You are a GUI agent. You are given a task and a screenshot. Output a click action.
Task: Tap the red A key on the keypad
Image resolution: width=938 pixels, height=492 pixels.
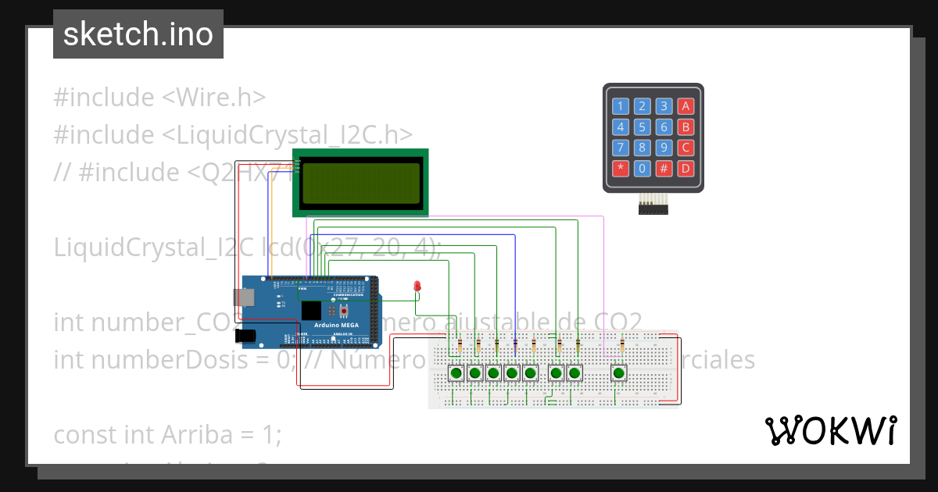click(x=686, y=106)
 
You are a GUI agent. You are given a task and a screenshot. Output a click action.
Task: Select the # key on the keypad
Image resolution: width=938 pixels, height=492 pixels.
click(x=664, y=168)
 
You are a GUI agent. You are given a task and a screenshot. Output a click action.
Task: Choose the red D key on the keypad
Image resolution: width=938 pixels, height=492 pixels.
click(x=686, y=168)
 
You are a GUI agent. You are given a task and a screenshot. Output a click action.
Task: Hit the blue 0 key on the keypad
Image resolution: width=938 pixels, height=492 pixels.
click(x=642, y=168)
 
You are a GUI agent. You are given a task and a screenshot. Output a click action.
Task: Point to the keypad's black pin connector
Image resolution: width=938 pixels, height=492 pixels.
click(x=653, y=208)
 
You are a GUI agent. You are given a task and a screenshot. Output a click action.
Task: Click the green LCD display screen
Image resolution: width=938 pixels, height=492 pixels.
click(x=361, y=182)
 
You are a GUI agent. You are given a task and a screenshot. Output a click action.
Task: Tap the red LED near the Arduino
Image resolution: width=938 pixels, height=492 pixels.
click(x=418, y=287)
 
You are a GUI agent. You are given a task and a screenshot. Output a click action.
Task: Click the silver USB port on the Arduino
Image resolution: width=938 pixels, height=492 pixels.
click(x=242, y=297)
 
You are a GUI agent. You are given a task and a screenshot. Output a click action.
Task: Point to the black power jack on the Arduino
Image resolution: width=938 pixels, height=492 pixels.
click(x=245, y=336)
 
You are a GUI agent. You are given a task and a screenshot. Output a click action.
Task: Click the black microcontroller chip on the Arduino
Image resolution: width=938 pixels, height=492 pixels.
click(x=312, y=310)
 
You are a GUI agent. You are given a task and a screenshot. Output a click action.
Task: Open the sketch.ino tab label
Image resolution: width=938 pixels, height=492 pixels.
click(x=138, y=34)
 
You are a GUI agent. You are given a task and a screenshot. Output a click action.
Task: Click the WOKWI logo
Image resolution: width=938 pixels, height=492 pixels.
click(x=830, y=430)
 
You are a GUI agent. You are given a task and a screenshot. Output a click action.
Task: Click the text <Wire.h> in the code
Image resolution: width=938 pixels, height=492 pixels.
click(x=213, y=98)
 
